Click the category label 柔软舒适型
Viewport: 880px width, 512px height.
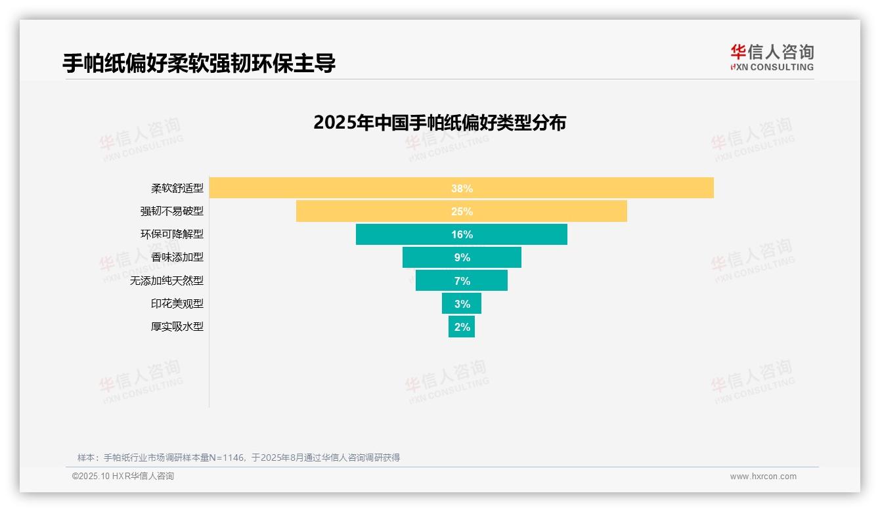177,188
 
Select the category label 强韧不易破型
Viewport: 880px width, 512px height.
172,211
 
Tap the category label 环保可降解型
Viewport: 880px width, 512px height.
172,234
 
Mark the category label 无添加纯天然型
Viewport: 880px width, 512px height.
167,280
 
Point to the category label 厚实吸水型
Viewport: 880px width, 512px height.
177,326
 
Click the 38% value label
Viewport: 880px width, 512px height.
462,188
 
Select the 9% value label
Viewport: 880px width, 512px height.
462,257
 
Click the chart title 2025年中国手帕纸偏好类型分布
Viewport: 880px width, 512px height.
439,123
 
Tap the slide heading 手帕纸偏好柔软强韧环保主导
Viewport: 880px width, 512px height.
199,63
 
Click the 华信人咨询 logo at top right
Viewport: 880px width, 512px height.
772,57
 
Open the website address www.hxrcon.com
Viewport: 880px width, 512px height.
762,477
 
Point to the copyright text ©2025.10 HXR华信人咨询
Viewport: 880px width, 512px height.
123,477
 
